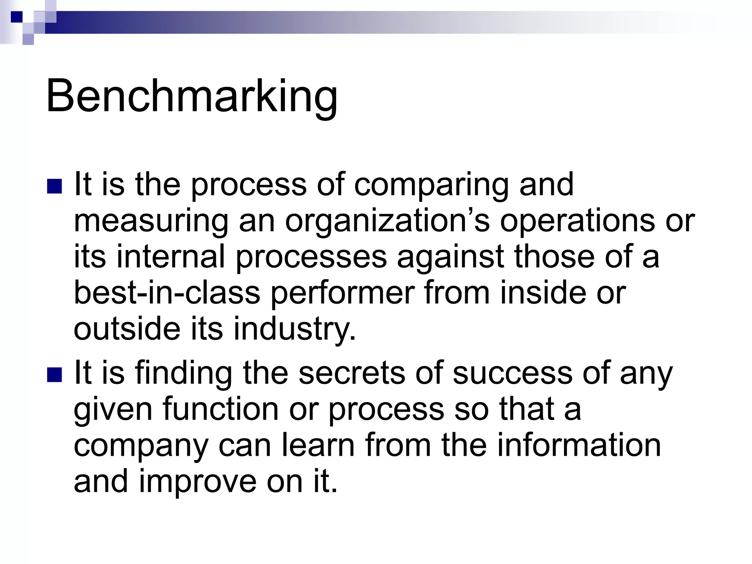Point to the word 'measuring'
[x=151, y=221]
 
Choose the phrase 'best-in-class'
[x=167, y=293]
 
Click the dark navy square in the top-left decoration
[x=16, y=17]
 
